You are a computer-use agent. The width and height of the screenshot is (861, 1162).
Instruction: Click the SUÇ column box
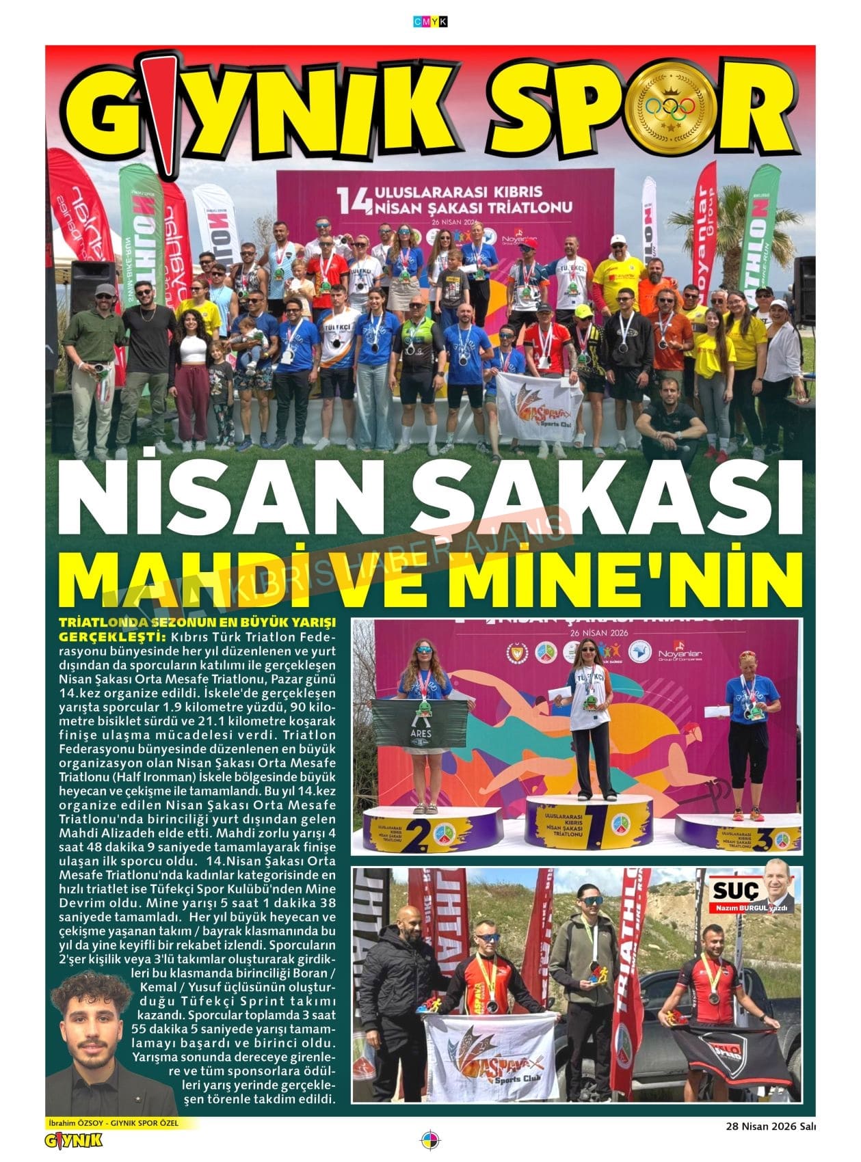pos(752,893)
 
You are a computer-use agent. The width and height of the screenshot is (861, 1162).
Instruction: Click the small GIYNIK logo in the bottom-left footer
pos(73,1140)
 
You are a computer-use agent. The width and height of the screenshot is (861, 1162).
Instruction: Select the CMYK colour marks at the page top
pos(430,22)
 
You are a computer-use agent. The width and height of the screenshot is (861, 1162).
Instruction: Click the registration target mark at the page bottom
pos(431,1141)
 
